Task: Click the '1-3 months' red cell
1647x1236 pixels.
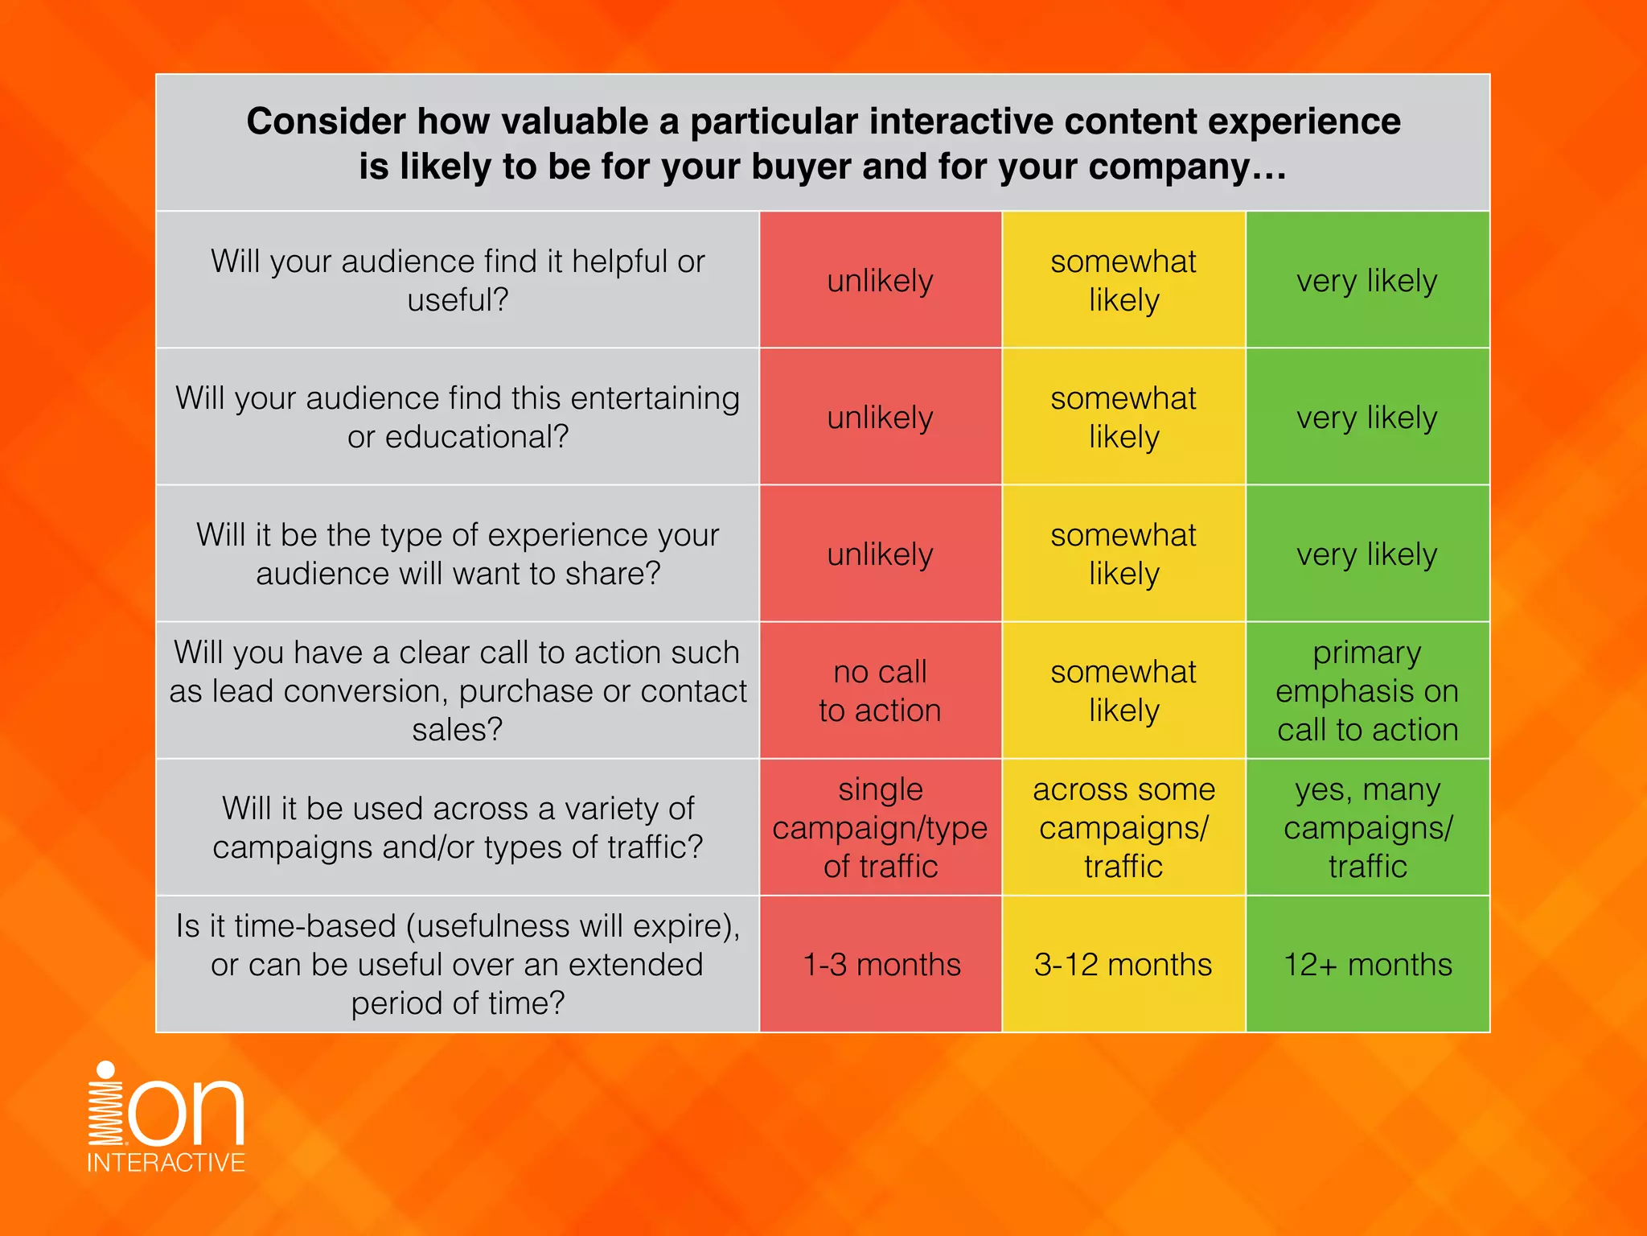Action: point(881,964)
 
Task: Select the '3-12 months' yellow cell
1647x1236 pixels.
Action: point(1123,964)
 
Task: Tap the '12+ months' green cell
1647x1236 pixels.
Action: point(1367,964)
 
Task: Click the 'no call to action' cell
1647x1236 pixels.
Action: point(881,690)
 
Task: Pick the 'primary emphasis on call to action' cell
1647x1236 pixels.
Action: point(1367,690)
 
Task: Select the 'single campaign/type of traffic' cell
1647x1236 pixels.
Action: point(881,827)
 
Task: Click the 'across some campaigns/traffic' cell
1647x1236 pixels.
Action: point(1123,827)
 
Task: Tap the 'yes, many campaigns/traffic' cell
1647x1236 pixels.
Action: point(1367,827)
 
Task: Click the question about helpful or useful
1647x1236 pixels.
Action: point(458,280)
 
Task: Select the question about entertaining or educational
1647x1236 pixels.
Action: point(458,417)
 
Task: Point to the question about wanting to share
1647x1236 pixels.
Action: point(458,554)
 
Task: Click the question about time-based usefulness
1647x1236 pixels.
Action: point(458,964)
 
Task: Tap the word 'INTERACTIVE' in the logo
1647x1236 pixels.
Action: point(166,1163)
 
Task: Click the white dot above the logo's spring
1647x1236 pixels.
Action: point(105,1070)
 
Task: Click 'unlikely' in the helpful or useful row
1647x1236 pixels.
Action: point(881,280)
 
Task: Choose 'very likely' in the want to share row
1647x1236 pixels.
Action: point(1367,554)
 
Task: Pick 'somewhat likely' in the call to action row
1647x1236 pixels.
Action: point(1123,690)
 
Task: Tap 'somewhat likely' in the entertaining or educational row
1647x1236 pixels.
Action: point(1123,417)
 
